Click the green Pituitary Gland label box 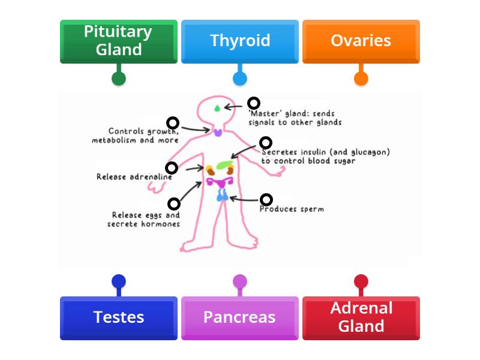coord(119,41)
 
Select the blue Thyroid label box coord(240,41)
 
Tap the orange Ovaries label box coord(361,41)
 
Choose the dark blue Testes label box coord(119,317)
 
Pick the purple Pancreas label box coord(240,317)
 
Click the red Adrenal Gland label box coord(361,317)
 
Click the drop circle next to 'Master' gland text coord(254,103)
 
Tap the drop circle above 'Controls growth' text coord(173,123)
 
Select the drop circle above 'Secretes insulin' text coord(266,143)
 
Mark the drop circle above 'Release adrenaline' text coord(172,168)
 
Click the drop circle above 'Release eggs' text coord(173,203)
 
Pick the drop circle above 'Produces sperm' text coord(266,200)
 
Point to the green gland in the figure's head coord(217,109)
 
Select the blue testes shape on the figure coord(222,194)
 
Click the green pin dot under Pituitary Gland coord(119,78)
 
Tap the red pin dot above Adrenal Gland coord(361,281)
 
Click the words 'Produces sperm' coord(292,209)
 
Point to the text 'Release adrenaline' coord(134,177)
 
